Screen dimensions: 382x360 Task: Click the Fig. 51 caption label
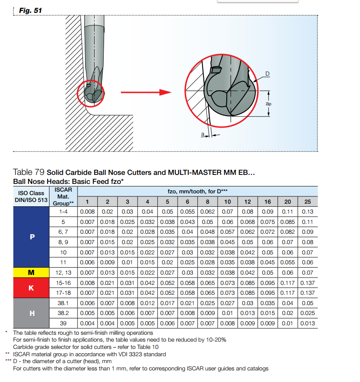click(31, 10)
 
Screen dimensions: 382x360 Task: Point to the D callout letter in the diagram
click(267, 74)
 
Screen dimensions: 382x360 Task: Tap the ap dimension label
click(268, 104)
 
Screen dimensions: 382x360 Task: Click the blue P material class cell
click(32, 237)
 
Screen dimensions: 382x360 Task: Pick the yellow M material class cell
click(32, 272)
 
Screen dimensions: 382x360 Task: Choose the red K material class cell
click(32, 287)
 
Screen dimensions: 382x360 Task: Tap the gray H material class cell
click(32, 313)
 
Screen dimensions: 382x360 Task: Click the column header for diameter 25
click(308, 202)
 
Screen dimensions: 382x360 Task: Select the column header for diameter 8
click(208, 202)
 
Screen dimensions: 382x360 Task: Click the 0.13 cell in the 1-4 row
click(308, 211)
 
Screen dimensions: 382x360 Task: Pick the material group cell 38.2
click(64, 313)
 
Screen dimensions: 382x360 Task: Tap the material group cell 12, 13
click(64, 272)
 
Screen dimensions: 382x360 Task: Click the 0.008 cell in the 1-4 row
click(88, 211)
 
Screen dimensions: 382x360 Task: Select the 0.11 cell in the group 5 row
click(308, 222)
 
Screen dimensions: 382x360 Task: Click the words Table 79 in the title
click(29, 172)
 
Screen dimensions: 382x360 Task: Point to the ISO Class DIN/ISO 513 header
click(32, 196)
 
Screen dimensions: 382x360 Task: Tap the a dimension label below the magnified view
click(202, 134)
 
